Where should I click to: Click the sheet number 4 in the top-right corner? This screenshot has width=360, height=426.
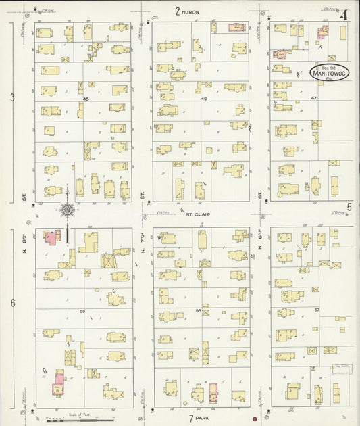point(344,14)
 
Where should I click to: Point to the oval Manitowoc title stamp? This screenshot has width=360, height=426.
point(329,72)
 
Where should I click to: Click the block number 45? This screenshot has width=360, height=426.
point(85,99)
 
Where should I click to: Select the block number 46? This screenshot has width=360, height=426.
point(203,99)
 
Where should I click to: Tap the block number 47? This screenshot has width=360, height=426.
point(313,99)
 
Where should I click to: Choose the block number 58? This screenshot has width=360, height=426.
point(199,310)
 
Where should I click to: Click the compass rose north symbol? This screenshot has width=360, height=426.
point(68,210)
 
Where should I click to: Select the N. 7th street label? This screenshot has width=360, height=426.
point(143,243)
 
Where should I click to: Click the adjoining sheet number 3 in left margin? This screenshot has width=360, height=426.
point(11,97)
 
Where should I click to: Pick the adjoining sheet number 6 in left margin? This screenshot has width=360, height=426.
point(11,303)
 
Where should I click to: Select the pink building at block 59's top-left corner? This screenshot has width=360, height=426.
point(52,237)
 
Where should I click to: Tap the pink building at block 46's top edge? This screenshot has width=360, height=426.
point(236,27)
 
